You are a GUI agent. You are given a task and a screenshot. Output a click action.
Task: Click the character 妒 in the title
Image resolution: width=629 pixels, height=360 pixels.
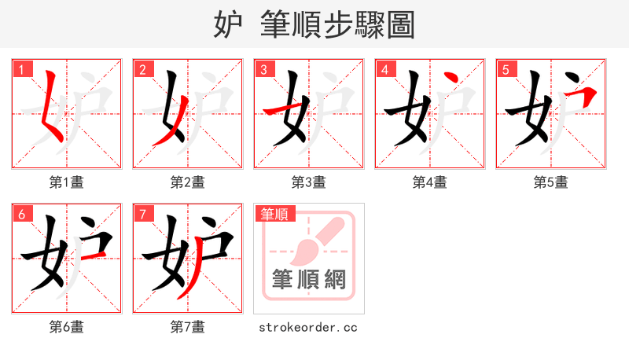[x=227, y=24]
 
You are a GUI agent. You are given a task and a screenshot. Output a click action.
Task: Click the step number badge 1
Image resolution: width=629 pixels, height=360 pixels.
[x=21, y=69]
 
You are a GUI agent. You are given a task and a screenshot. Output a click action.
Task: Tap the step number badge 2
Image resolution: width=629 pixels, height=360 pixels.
[x=142, y=69]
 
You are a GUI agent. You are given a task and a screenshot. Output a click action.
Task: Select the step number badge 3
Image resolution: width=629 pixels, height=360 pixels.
[x=263, y=69]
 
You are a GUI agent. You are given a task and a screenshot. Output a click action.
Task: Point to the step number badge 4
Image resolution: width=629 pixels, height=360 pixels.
[x=384, y=69]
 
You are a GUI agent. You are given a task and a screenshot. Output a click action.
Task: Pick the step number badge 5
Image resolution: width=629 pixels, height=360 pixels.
[x=506, y=69]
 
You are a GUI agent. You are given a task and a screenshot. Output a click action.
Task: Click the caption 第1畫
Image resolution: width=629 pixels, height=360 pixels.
[x=67, y=182]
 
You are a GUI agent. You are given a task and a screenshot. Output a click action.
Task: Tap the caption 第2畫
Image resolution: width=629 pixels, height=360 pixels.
[x=188, y=182]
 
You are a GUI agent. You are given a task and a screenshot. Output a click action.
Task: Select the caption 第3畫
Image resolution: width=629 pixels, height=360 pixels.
[x=309, y=182]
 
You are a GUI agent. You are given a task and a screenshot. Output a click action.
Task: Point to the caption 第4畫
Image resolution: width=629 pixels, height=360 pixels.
[x=430, y=182]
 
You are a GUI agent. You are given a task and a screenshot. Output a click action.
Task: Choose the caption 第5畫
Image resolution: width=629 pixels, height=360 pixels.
[x=551, y=182]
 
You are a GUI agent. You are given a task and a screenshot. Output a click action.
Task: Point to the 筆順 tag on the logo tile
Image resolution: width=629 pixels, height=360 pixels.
[x=272, y=213]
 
